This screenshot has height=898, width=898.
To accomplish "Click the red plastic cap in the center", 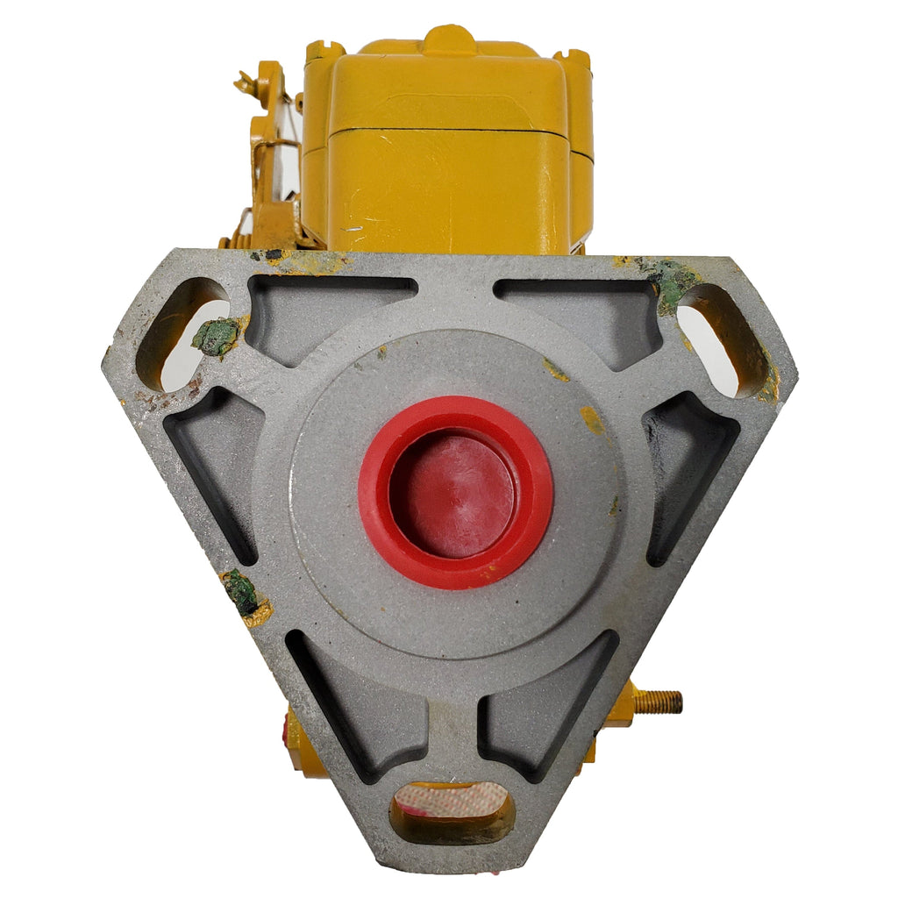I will click(455, 491).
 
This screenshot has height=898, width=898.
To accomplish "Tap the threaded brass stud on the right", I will click(660, 702).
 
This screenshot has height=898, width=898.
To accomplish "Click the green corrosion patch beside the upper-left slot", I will click(216, 336).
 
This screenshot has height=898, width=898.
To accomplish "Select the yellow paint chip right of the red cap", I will click(593, 420).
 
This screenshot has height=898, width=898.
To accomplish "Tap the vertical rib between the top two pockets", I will click(455, 289).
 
